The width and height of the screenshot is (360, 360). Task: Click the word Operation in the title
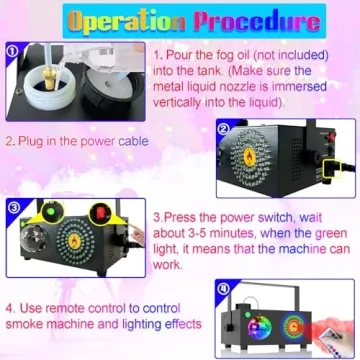126,22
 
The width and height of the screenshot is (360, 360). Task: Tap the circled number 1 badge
10,46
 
